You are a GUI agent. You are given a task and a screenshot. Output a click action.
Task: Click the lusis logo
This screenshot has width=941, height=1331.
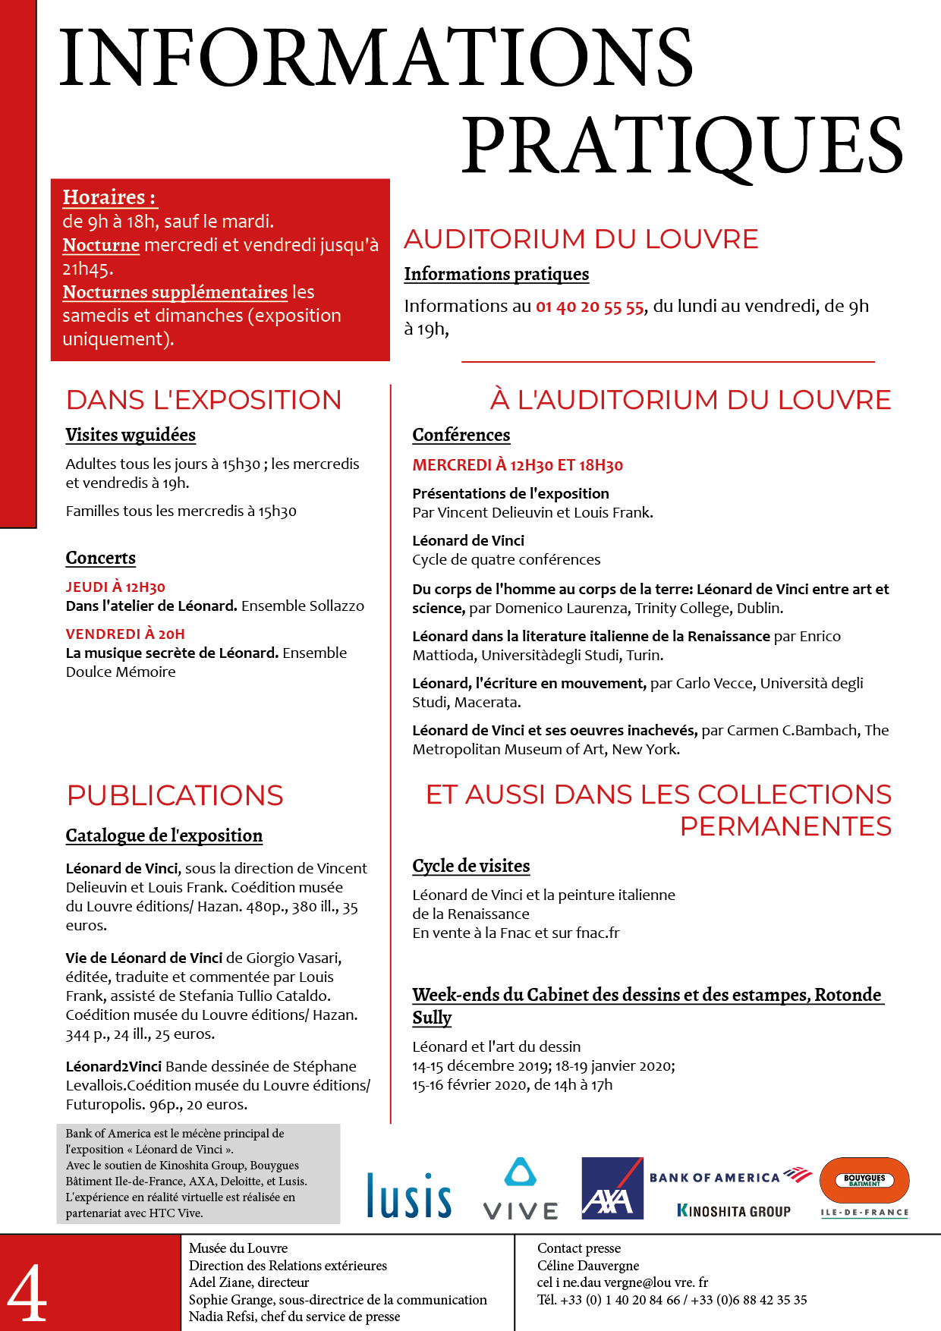[409, 1195]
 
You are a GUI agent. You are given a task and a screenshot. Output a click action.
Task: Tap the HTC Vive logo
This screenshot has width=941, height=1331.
[521, 1188]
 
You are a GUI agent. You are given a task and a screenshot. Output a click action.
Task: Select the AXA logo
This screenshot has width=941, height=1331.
[612, 1188]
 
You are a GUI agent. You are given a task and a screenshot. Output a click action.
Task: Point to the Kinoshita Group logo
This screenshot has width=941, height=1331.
[733, 1211]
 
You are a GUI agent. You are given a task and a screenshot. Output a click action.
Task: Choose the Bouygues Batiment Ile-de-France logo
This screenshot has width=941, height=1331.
[864, 1187]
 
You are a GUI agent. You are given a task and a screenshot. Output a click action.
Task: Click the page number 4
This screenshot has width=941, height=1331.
[27, 1294]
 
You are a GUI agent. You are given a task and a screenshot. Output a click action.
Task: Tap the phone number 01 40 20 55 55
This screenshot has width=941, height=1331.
[590, 307]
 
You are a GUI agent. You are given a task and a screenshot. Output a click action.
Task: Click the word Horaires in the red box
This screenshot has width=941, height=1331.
[104, 197]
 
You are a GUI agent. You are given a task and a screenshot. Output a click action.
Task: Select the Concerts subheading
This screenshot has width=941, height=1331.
[101, 558]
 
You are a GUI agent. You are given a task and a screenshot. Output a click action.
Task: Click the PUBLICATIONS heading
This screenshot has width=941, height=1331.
[175, 795]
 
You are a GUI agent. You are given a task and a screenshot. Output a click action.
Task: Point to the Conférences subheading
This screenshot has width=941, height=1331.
[461, 435]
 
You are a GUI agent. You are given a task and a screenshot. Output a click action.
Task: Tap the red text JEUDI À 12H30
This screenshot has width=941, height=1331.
[115, 587]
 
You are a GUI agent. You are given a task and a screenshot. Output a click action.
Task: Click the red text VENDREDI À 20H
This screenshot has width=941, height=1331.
[125, 634]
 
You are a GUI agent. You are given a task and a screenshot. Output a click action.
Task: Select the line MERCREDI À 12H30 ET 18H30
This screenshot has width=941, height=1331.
[518, 465]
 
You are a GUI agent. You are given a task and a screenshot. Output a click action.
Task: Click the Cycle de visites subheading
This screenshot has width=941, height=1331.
[471, 866]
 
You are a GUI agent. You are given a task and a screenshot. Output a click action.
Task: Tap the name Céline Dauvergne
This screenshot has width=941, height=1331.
[588, 1265]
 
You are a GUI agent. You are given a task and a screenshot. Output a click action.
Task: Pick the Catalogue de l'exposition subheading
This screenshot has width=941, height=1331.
[164, 835]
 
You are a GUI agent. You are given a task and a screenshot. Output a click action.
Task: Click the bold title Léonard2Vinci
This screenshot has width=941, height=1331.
[114, 1066]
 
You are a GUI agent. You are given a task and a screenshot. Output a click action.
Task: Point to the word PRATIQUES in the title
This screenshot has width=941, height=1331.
[682, 144]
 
